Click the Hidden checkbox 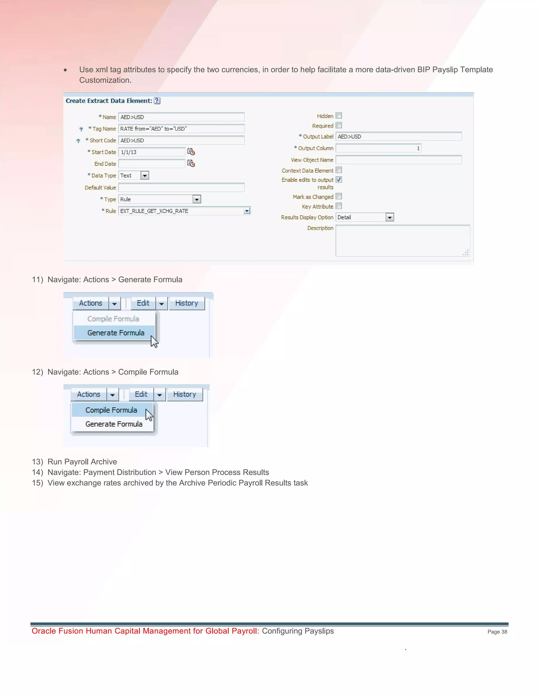339,115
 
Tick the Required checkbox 339,125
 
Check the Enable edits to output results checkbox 339,180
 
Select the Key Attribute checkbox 339,206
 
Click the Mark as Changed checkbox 339,196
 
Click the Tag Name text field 181,129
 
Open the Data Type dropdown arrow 145,175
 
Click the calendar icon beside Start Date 191,151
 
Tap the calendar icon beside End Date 191,163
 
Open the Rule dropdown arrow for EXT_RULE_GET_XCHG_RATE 247,211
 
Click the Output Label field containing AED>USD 398,137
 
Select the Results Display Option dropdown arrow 390,217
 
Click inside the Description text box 402,241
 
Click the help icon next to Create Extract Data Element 157,101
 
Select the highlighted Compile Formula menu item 111,410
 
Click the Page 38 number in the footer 497,632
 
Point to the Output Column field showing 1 378,148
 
